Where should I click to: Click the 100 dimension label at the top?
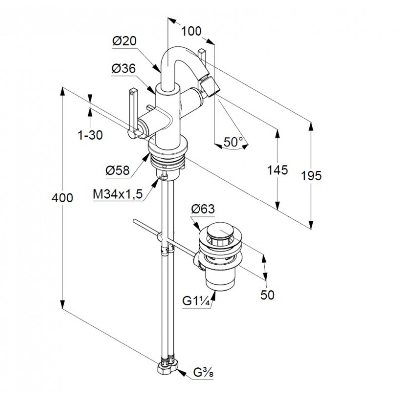[x=191, y=32]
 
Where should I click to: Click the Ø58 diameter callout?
[x=117, y=171]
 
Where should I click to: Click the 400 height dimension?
[x=63, y=198]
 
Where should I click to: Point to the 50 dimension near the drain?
[x=268, y=295]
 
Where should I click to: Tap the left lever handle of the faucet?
[x=133, y=112]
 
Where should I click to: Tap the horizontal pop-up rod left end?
[x=135, y=221]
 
